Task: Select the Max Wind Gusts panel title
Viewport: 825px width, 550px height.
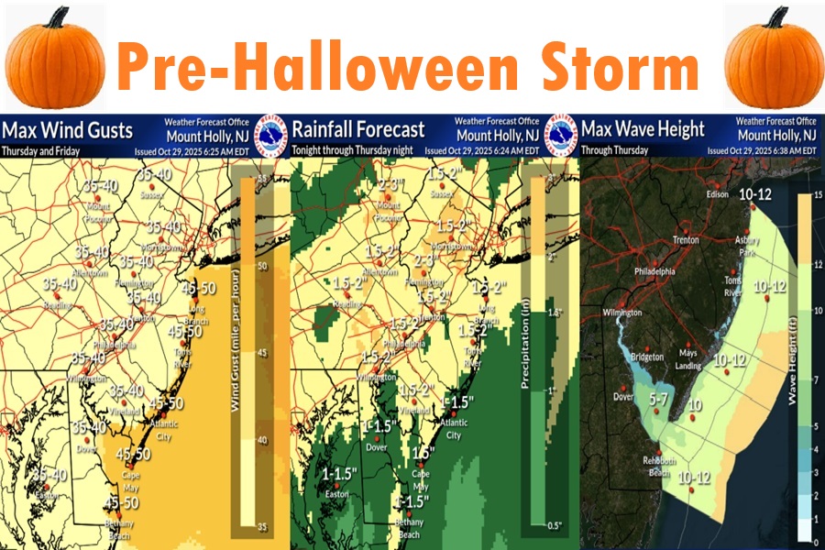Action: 67,129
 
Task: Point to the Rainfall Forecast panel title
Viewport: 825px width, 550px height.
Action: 358,129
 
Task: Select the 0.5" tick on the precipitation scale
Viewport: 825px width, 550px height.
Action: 553,524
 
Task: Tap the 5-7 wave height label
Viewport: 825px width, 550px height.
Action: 659,399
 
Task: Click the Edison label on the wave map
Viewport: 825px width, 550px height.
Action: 717,194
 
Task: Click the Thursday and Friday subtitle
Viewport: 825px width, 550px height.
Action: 42,150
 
